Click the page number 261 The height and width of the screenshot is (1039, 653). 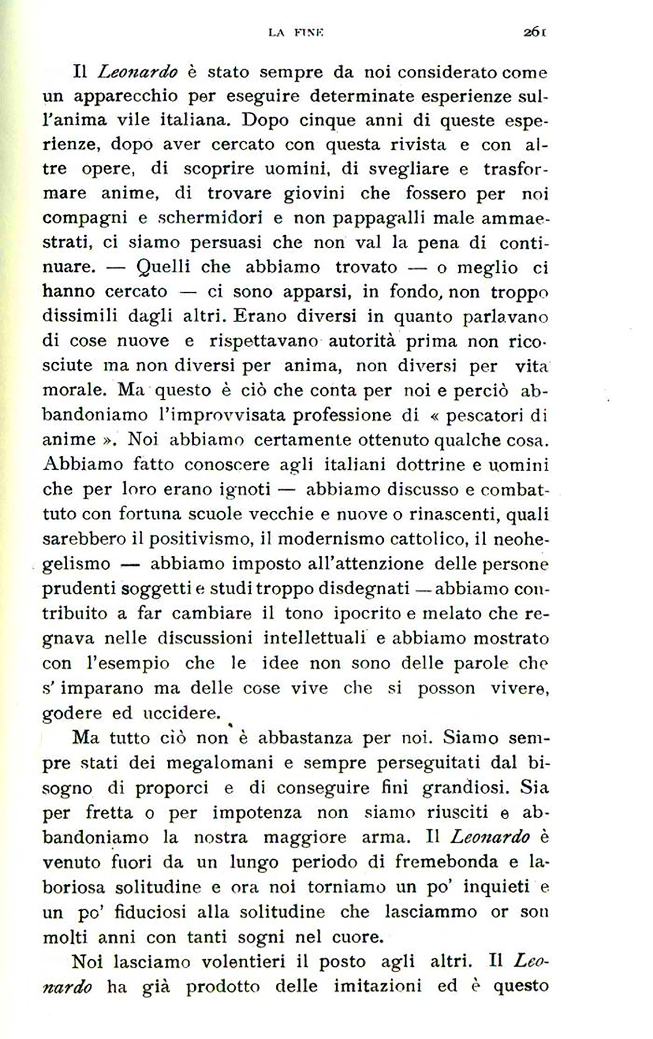pos(535,32)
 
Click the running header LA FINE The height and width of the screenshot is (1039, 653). pos(296,33)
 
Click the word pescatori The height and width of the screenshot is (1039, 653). pos(483,415)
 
